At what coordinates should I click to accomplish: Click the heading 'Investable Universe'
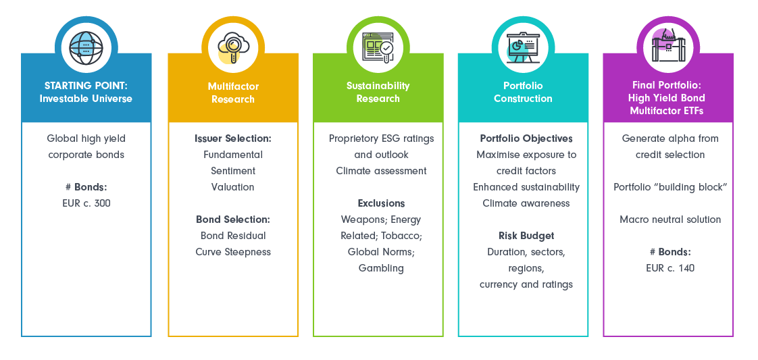pyautogui.click(x=86, y=99)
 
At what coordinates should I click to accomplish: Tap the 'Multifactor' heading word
pyautogui.click(x=233, y=86)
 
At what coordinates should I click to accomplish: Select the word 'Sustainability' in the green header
pyautogui.click(x=378, y=86)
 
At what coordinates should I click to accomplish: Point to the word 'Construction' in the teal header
pyautogui.click(x=522, y=99)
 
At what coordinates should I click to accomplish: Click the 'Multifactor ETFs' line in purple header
pyautogui.click(x=667, y=110)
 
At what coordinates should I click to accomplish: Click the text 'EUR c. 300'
pyautogui.click(x=86, y=203)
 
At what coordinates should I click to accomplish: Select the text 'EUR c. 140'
pyautogui.click(x=669, y=268)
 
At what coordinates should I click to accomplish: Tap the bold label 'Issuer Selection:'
pyautogui.click(x=233, y=138)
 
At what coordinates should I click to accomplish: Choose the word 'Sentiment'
pyautogui.click(x=233, y=171)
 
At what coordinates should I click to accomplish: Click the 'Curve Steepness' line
pyautogui.click(x=233, y=252)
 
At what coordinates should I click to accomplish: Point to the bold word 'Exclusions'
pyautogui.click(x=381, y=203)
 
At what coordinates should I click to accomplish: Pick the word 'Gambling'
pyautogui.click(x=381, y=268)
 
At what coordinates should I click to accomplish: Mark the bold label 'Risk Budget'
pyautogui.click(x=526, y=236)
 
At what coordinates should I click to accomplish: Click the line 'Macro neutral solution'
pyautogui.click(x=669, y=220)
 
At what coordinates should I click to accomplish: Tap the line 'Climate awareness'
pyautogui.click(x=526, y=203)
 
